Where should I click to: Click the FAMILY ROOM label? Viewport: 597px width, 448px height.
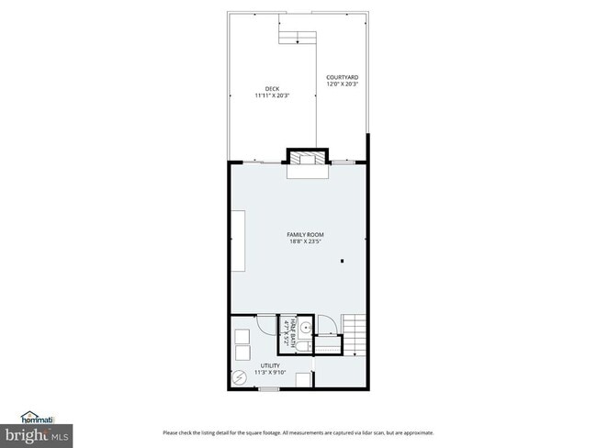[x=306, y=235]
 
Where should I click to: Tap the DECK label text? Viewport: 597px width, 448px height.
[x=272, y=89]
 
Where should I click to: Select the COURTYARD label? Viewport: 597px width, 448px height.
[x=341, y=77]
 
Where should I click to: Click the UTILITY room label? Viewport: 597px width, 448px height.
[x=269, y=364]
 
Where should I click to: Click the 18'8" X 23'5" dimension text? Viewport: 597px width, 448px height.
[x=306, y=241]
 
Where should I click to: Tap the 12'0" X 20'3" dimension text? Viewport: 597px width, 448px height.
[x=341, y=84]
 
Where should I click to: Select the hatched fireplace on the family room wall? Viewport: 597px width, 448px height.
[x=307, y=158]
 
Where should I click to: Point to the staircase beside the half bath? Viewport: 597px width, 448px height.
[x=355, y=334]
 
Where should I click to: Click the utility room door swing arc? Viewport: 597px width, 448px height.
[x=265, y=324]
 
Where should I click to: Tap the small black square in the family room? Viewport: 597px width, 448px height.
[x=342, y=262]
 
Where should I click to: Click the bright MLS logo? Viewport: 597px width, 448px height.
[x=37, y=433]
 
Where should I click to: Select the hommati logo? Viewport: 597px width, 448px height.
[x=36, y=417]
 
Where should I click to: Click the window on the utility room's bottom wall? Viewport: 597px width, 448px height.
[x=267, y=389]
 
